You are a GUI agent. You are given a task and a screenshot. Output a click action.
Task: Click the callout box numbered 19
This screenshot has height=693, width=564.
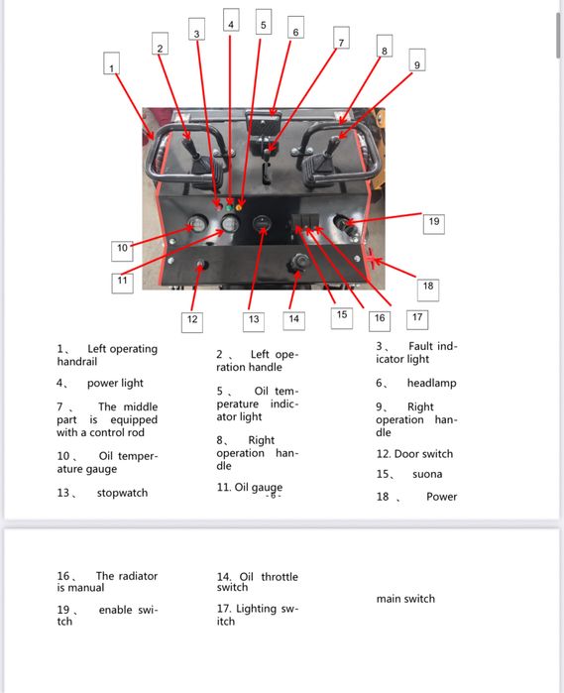click(433, 222)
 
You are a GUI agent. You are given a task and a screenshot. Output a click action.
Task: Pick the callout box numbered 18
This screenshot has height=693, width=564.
click(427, 287)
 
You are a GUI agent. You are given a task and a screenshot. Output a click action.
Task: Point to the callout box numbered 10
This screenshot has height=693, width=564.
click(121, 248)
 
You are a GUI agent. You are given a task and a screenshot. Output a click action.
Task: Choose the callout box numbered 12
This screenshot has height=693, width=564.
click(192, 319)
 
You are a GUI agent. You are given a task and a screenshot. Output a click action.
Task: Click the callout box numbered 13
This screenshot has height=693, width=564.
click(254, 319)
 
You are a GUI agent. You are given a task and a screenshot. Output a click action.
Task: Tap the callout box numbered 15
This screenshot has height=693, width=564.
click(342, 314)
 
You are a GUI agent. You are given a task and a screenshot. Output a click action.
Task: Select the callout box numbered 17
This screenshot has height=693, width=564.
click(417, 318)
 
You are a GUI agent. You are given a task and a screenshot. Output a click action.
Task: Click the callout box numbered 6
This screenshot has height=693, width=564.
click(295, 30)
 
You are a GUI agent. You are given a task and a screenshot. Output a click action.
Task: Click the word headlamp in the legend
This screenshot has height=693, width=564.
click(431, 383)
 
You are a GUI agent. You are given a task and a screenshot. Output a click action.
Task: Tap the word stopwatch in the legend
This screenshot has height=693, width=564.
click(122, 493)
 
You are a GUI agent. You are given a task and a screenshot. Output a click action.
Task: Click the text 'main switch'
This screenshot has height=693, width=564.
click(405, 598)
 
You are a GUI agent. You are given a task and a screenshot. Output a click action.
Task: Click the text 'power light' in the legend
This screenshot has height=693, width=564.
click(115, 383)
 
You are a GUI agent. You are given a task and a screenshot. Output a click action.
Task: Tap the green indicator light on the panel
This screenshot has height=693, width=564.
click(231, 205)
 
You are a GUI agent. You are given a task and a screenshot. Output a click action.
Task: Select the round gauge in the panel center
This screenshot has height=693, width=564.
click(263, 226)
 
